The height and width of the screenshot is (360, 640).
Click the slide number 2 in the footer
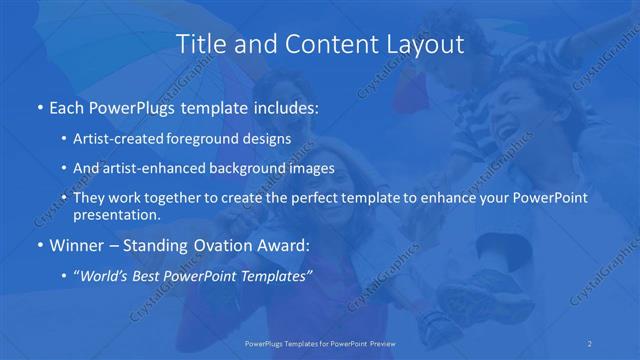(x=591, y=342)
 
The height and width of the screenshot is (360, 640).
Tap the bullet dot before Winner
(x=38, y=244)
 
